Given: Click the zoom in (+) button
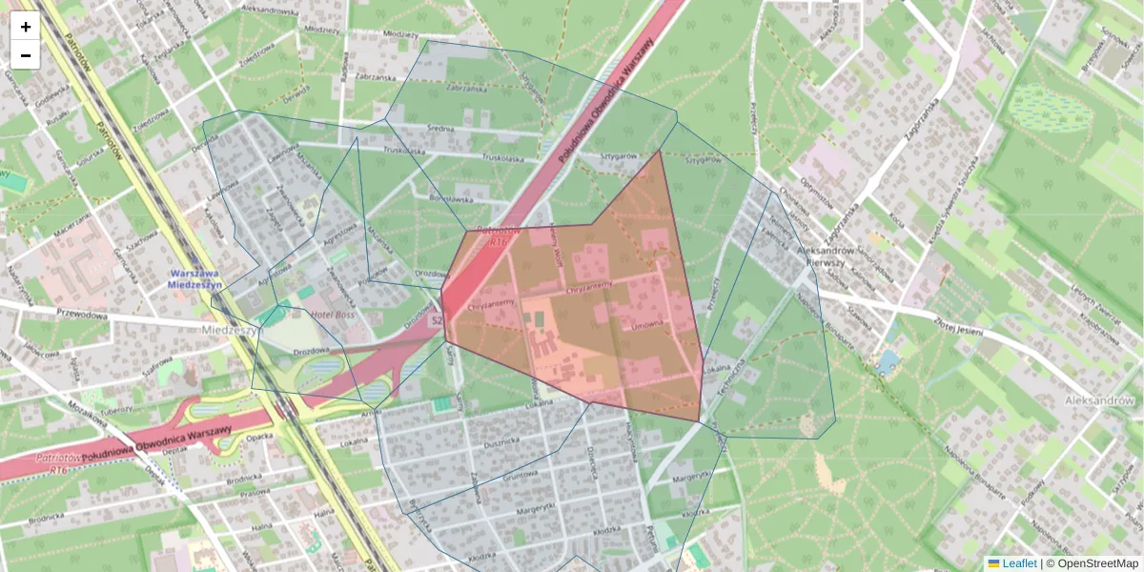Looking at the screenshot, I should (x=26, y=27).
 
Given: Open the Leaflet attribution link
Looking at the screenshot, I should (x=1018, y=563).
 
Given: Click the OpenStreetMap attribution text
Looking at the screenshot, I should (x=1096, y=563).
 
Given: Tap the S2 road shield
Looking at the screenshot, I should (x=437, y=321).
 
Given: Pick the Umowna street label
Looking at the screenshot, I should (x=647, y=325).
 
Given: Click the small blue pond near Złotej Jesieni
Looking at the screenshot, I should (x=889, y=361).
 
